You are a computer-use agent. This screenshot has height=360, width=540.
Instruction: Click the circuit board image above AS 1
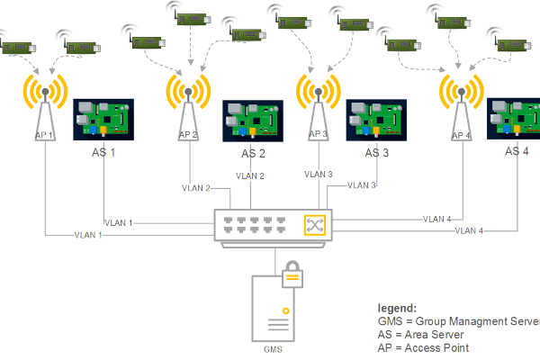pyautogui.click(x=103, y=120)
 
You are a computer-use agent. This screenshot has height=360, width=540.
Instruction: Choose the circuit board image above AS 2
pyautogui.click(x=253, y=121)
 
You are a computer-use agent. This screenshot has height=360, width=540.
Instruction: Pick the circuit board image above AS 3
pyautogui.click(x=376, y=121)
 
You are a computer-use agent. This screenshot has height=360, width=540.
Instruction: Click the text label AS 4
pyautogui.click(x=517, y=151)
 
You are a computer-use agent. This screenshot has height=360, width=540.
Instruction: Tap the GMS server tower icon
pyautogui.click(x=273, y=309)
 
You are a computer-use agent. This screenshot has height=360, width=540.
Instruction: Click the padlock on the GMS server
pyautogui.click(x=292, y=274)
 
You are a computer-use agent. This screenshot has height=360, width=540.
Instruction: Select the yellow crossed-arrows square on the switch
pyautogui.click(x=315, y=225)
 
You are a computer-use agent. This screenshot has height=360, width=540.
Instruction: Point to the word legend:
pyautogui.click(x=397, y=308)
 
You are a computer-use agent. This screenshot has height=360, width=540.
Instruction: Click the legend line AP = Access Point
pyautogui.click(x=423, y=348)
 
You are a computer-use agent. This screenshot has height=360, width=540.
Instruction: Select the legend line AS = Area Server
pyautogui.click(x=420, y=335)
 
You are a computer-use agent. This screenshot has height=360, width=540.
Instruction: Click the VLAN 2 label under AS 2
pyautogui.click(x=250, y=176)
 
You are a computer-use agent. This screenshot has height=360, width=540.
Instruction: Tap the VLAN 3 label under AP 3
pyautogui.click(x=319, y=175)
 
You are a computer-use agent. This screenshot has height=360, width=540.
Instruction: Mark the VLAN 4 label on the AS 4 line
pyautogui.click(x=469, y=230)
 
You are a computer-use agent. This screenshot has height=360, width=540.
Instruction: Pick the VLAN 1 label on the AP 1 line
pyautogui.click(x=88, y=235)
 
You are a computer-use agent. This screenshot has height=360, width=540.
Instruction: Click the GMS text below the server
pyautogui.click(x=273, y=349)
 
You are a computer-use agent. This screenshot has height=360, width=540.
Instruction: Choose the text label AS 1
pyautogui.click(x=103, y=152)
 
